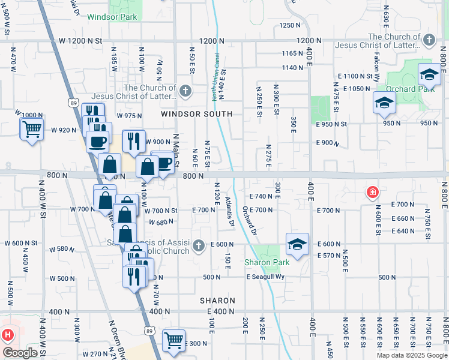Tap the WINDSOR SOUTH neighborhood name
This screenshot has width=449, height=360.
(x=197, y=114)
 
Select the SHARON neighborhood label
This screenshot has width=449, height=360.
(x=218, y=301)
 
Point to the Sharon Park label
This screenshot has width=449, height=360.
(x=267, y=262)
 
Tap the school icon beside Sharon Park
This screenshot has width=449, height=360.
(x=297, y=244)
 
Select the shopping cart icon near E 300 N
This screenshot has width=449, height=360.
(x=173, y=340)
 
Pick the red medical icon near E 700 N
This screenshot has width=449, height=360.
(x=373, y=193)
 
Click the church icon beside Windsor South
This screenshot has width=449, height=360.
(x=185, y=92)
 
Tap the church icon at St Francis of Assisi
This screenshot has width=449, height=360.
(x=198, y=244)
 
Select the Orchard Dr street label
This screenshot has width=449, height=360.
(x=250, y=220)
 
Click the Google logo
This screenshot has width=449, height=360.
(x=20, y=353)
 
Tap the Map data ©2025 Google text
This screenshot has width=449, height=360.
(x=412, y=355)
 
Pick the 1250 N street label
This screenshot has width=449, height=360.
(x=289, y=25)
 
